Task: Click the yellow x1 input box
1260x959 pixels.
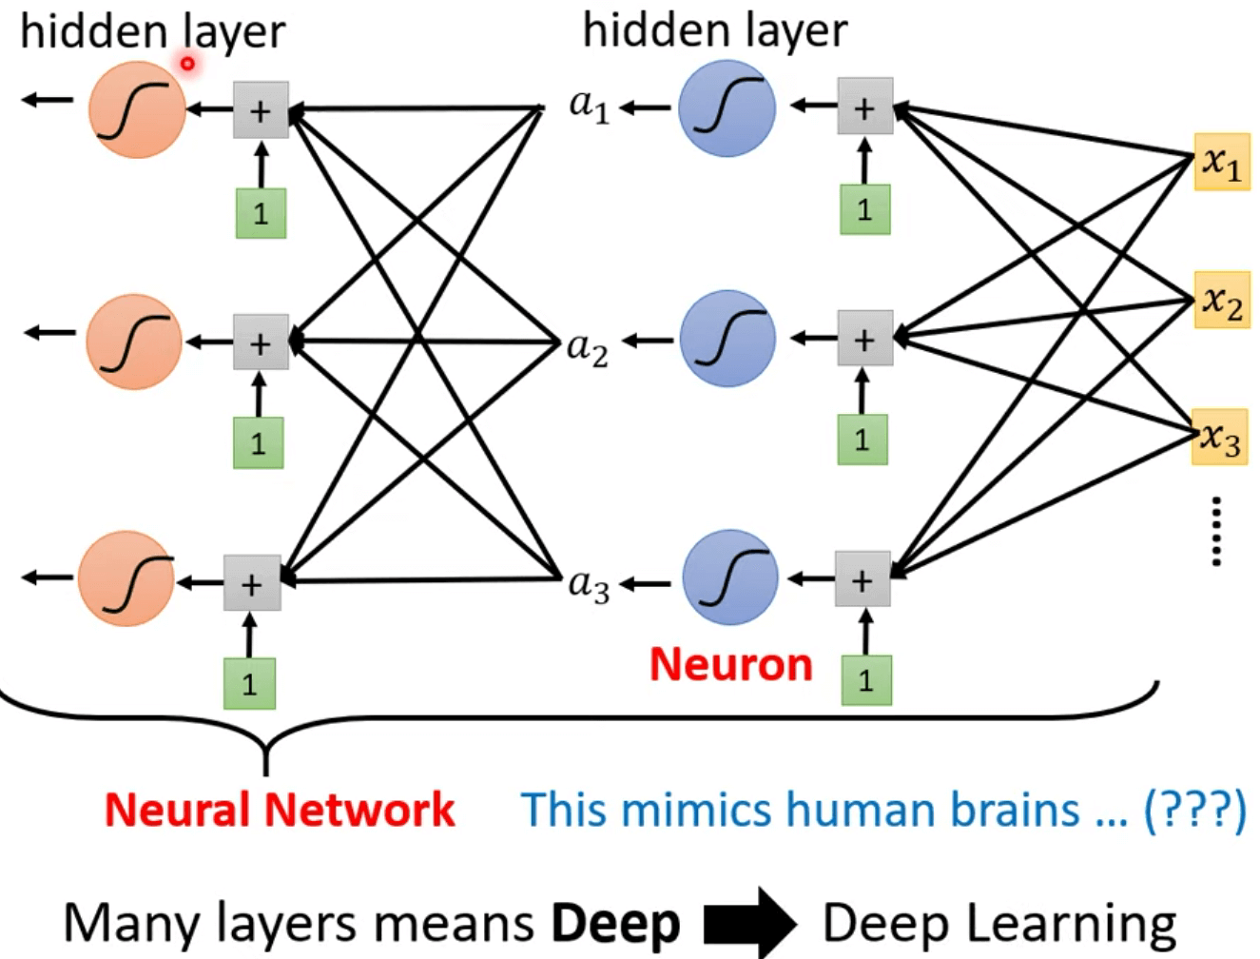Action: [x=1221, y=163]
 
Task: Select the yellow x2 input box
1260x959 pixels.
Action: [x=1222, y=302]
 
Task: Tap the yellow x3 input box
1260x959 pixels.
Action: [x=1220, y=438]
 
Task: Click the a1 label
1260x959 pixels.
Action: [x=589, y=106]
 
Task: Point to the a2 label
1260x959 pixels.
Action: [x=587, y=348]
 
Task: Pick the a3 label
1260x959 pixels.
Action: [x=588, y=583]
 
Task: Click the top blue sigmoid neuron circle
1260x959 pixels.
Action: [x=727, y=108]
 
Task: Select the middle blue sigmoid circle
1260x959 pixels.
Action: [x=727, y=339]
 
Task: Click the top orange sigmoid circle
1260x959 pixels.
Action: [x=137, y=109]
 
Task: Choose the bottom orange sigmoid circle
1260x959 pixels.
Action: [x=126, y=578]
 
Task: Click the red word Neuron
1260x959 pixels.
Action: [x=730, y=665]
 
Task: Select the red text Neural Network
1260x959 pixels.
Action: [x=280, y=811]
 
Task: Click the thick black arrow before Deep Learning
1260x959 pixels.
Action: [x=749, y=922]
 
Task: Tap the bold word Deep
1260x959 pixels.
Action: [x=615, y=924]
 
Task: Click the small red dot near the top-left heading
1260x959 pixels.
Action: [x=187, y=64]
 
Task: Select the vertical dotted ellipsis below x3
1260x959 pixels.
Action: [x=1215, y=531]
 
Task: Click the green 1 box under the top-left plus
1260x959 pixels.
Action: [x=261, y=212]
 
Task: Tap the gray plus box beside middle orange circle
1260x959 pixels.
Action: [x=261, y=342]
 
